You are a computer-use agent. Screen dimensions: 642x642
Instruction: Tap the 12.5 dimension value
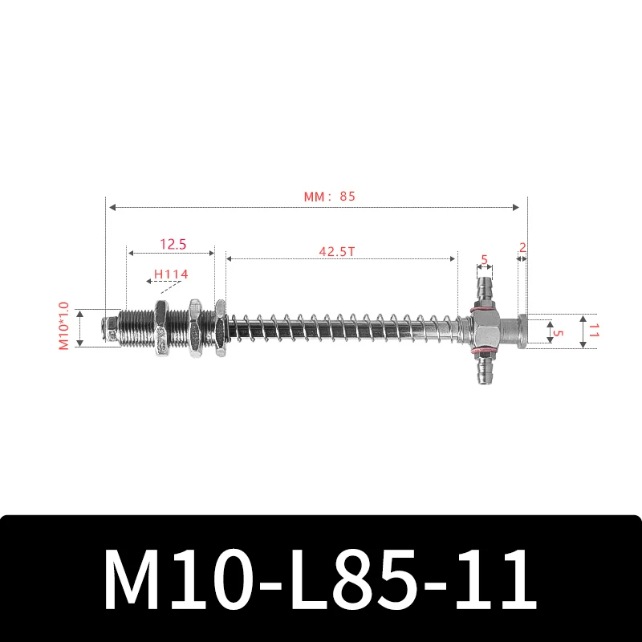click(172, 242)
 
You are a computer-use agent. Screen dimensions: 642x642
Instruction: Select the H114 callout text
click(171, 274)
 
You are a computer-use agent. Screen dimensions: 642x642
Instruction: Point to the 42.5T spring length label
click(337, 250)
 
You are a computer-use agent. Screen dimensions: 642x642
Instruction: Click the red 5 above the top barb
click(484, 259)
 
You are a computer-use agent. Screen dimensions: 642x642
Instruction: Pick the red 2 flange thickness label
click(522, 248)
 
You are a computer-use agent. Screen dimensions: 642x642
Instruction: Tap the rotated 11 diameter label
click(595, 331)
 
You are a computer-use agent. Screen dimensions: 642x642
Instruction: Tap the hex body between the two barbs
click(486, 330)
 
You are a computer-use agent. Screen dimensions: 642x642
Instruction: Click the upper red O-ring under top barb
click(483, 307)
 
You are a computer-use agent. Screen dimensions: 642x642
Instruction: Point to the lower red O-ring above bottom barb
click(483, 353)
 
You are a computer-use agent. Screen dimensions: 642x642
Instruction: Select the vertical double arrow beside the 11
click(583, 331)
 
